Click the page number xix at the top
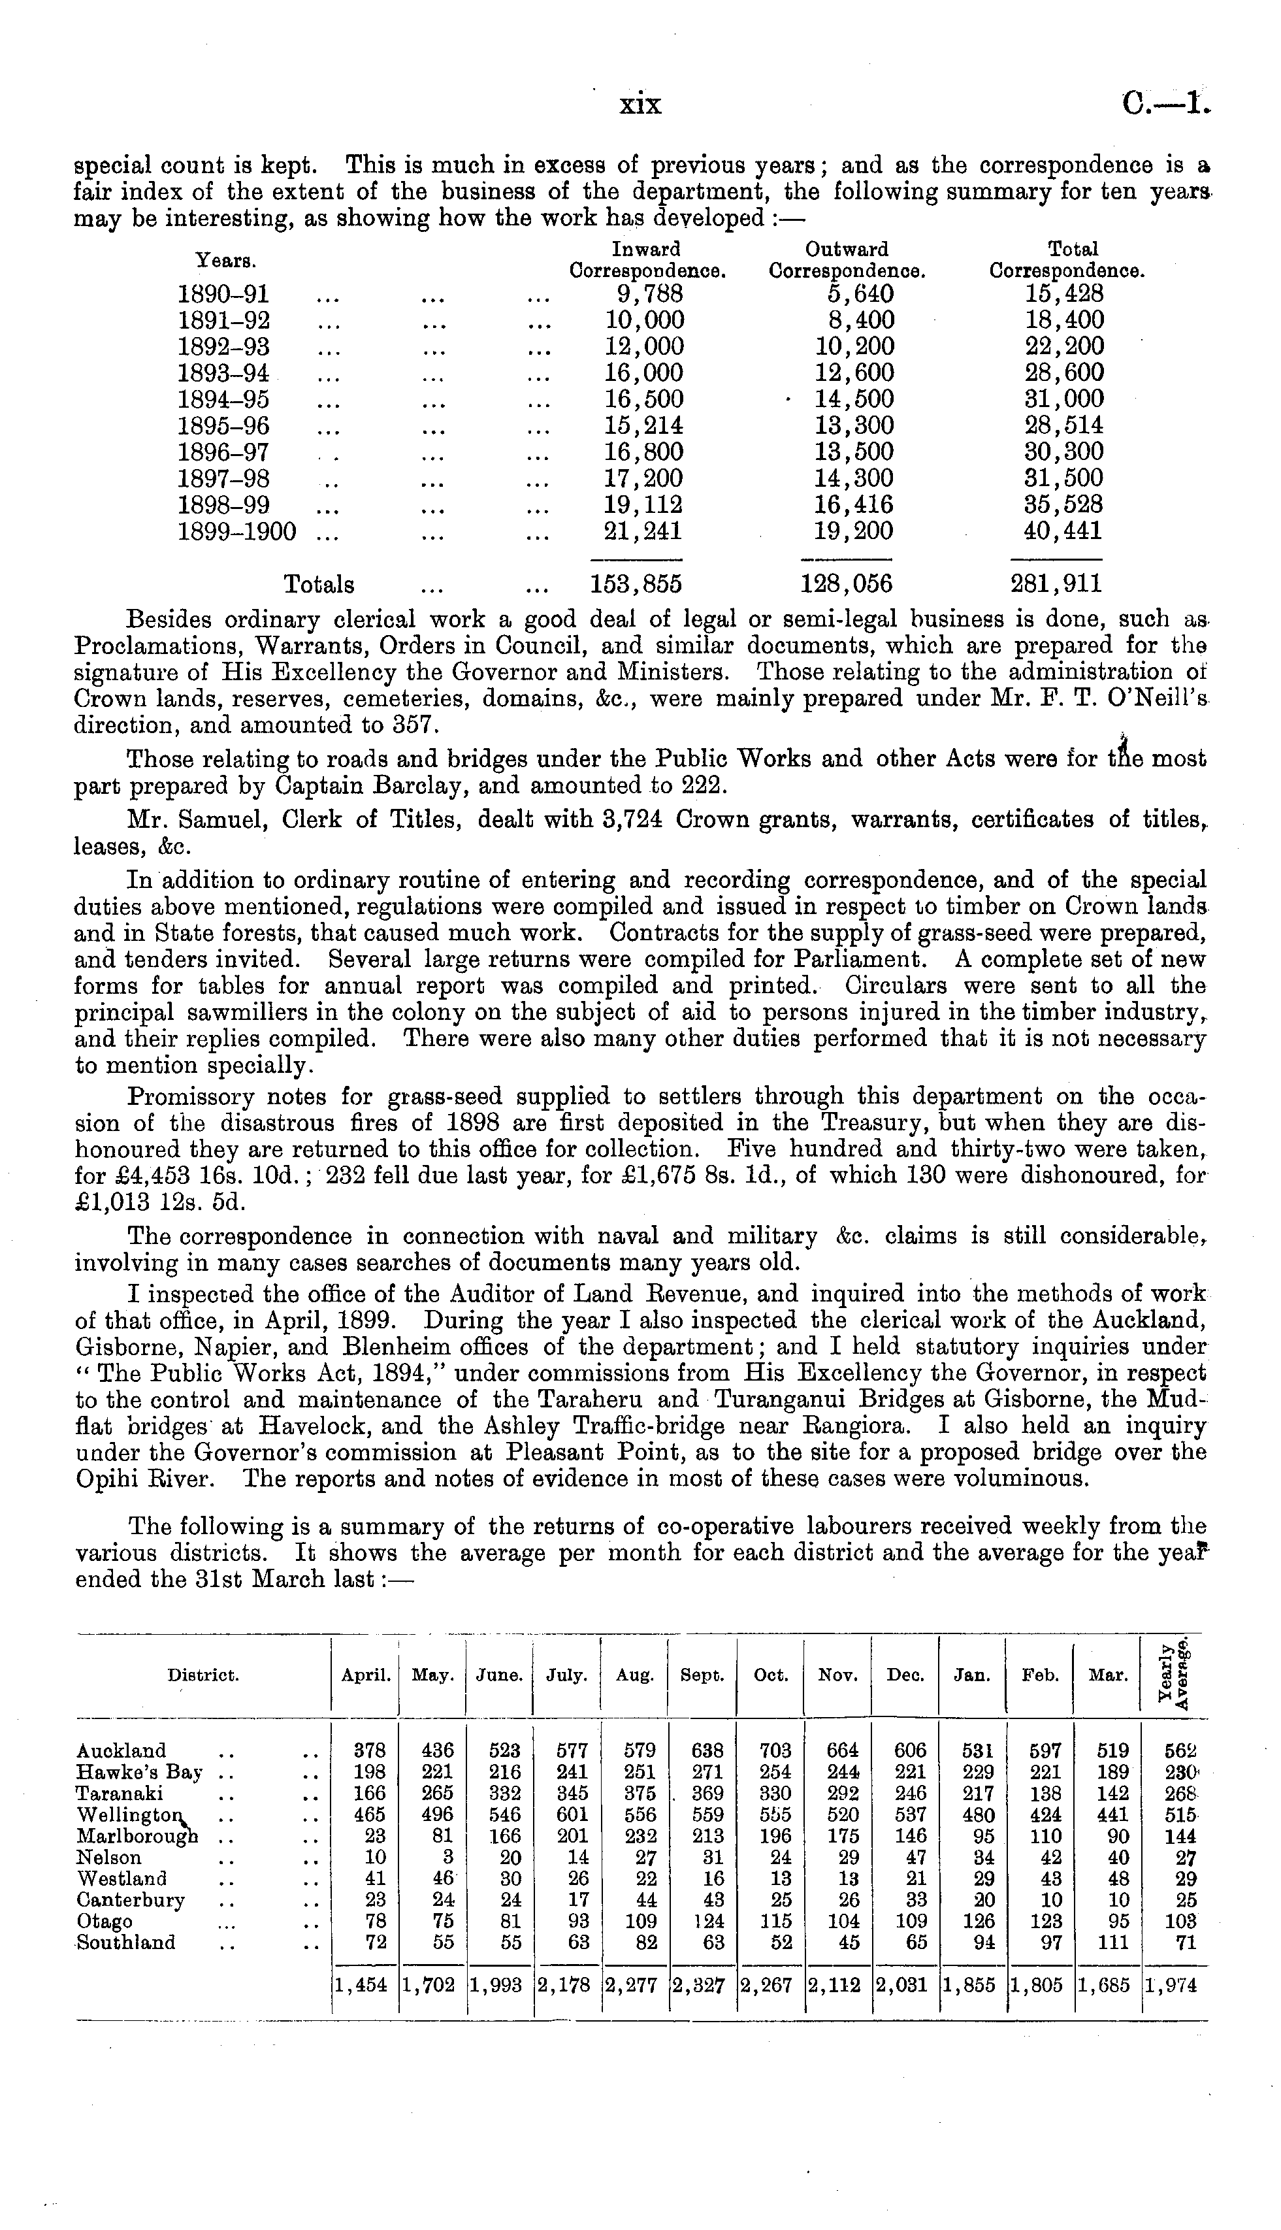640,106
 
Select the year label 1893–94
223,373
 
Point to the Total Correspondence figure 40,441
1058,532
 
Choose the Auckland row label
122,1751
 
